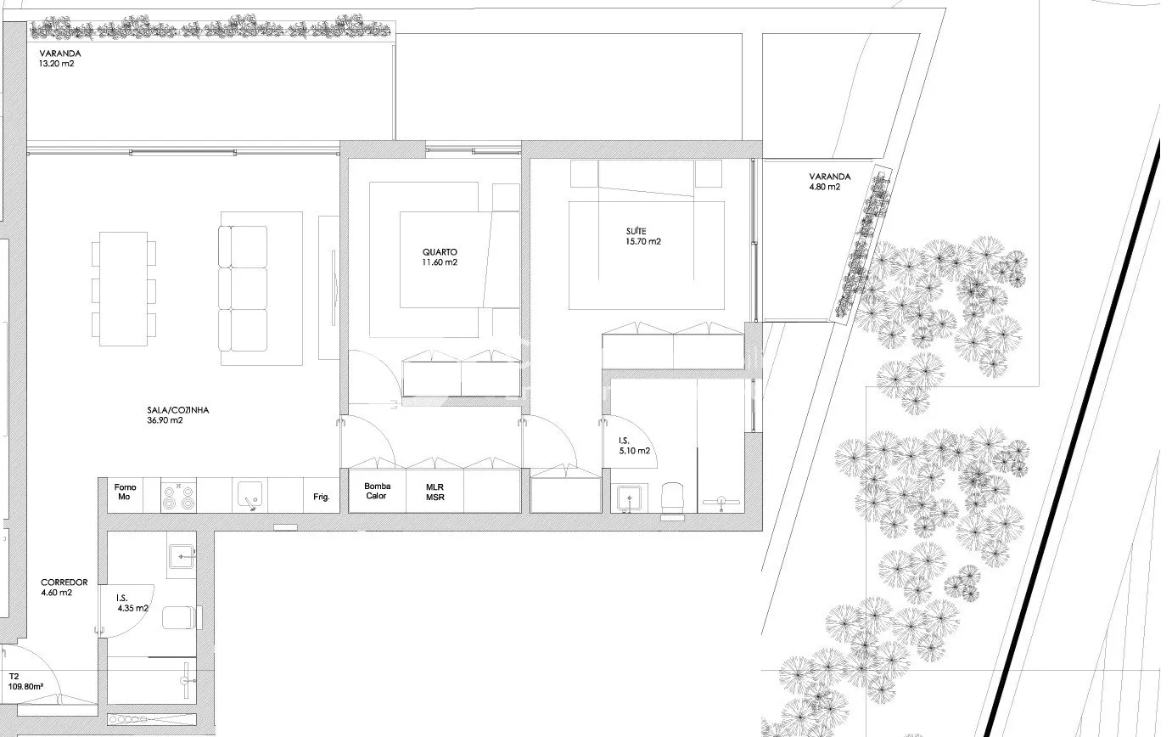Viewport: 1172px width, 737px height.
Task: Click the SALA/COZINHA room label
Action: pos(178,415)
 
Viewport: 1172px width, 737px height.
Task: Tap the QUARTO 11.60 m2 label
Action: pos(440,257)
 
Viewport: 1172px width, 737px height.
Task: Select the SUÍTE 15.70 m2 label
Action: pos(643,236)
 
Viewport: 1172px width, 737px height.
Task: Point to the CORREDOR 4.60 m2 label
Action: pos(64,588)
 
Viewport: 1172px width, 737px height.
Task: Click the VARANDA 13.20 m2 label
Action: pos(59,58)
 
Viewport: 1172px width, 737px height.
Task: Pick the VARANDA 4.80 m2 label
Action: pos(829,182)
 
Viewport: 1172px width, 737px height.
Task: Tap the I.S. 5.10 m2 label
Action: pos(634,446)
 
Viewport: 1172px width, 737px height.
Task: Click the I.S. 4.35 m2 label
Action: pos(132,603)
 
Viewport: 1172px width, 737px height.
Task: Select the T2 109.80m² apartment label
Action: pos(25,682)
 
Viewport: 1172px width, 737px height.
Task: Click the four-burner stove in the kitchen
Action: pos(178,496)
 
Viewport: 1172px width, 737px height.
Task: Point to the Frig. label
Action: pos(322,497)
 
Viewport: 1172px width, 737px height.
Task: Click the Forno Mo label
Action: pos(125,492)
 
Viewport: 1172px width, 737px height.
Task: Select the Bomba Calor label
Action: pos(377,491)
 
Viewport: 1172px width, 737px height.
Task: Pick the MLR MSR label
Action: pos(435,492)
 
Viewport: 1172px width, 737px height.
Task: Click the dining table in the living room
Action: pos(123,289)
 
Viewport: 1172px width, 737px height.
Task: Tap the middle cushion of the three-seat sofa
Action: pos(244,289)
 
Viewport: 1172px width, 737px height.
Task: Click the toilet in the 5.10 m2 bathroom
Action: pos(672,500)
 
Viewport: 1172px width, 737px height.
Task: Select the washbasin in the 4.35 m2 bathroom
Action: pos(181,556)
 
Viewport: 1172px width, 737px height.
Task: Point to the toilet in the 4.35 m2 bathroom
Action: pos(181,617)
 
